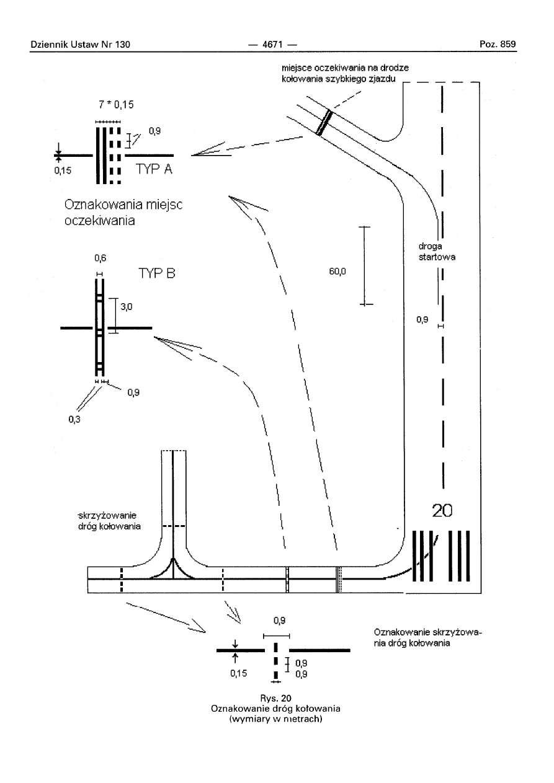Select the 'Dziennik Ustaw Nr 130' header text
click(79, 44)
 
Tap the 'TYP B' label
click(158, 272)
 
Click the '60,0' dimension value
click(336, 271)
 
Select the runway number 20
click(442, 510)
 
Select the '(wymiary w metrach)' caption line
click(276, 719)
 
